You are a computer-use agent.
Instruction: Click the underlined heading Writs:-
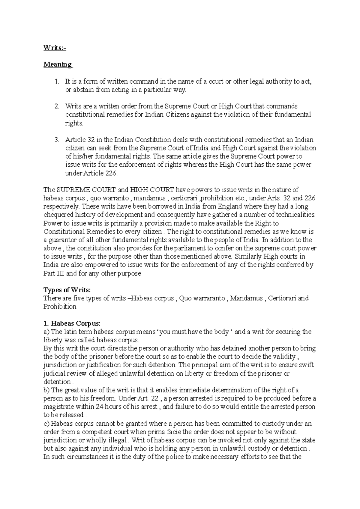tap(55, 48)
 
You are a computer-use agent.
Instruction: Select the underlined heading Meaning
tap(58, 64)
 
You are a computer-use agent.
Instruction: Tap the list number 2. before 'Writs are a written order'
tap(57, 106)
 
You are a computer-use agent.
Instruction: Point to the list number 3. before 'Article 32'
tap(57, 140)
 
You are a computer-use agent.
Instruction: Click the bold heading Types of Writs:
tap(67, 290)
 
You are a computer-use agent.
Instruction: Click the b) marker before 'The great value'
tap(47, 390)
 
